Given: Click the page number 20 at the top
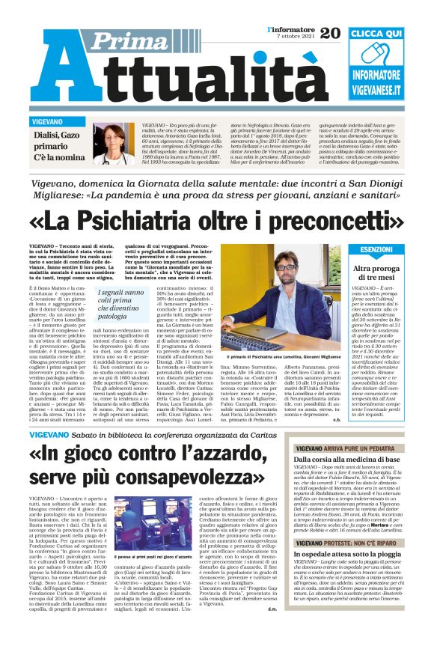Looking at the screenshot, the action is click(x=331, y=32).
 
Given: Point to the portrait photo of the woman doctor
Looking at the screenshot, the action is click(x=114, y=144).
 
